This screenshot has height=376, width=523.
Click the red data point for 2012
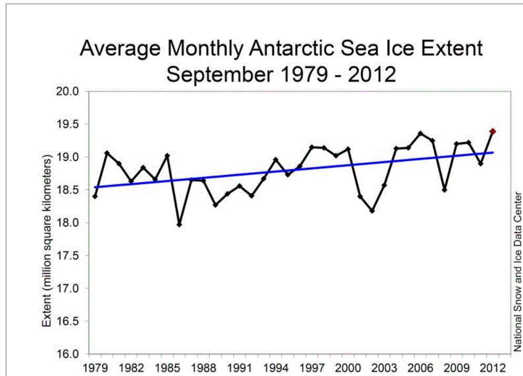click(493, 131)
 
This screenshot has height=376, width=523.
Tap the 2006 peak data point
click(420, 133)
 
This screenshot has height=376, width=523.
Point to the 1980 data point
click(107, 153)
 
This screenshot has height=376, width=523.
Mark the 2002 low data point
click(372, 211)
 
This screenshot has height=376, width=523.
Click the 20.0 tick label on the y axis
click(68, 91)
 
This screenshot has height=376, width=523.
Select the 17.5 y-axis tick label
click(68, 256)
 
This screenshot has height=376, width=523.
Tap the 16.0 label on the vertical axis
click(68, 354)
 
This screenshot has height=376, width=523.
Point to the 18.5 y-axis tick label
click(68, 190)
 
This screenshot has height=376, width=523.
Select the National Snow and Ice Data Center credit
click(517, 271)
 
